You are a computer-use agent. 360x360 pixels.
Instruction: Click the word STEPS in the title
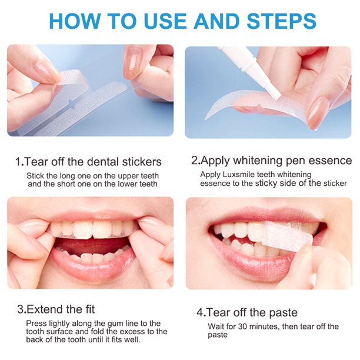[281, 21]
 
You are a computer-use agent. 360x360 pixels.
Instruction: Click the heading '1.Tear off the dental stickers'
[88, 162]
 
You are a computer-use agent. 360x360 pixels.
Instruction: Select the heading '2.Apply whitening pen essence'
[271, 161]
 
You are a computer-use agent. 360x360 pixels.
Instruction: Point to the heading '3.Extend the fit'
[56, 309]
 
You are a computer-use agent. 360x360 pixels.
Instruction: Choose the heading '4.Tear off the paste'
[247, 312]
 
